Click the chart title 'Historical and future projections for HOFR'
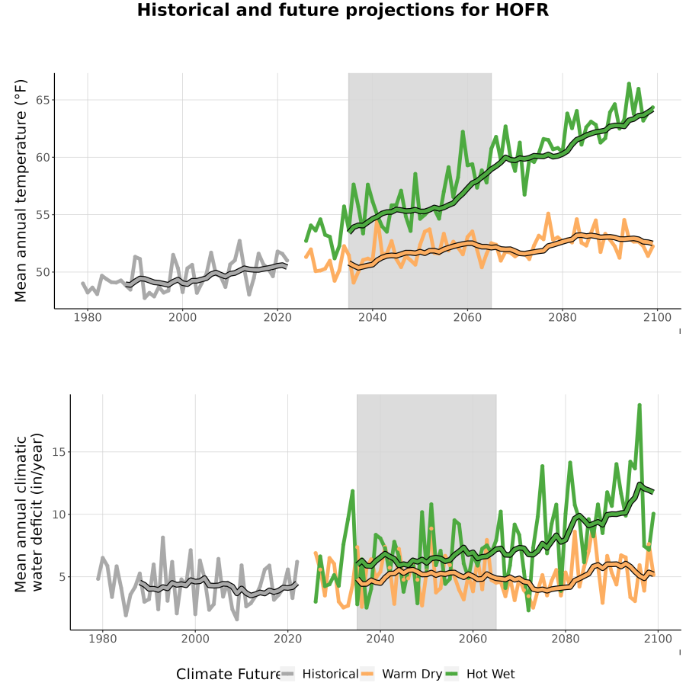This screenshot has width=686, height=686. (342, 11)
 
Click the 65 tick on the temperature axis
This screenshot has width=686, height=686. (43, 100)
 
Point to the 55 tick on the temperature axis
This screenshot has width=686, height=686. (43, 215)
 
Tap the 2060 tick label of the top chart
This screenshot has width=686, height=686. (467, 317)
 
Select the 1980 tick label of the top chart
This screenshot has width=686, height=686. (88, 317)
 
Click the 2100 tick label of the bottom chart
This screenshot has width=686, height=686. (658, 639)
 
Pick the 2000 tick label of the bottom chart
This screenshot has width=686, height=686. (195, 639)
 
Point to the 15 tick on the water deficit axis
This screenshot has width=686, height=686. (59, 452)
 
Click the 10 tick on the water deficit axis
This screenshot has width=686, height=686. (59, 514)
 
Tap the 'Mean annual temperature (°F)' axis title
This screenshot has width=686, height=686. (21, 191)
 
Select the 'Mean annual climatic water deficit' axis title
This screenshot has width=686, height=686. (29, 512)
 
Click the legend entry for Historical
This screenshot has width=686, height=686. (319, 675)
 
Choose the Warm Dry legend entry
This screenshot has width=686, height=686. (401, 675)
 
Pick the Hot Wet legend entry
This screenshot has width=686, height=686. (480, 675)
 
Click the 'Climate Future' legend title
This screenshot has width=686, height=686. (228, 675)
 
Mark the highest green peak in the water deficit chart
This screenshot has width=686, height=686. (640, 406)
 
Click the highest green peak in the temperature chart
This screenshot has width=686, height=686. (629, 83)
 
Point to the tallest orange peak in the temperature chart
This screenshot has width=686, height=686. (548, 213)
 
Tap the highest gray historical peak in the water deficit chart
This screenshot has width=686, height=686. (163, 537)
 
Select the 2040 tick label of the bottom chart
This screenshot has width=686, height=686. (380, 639)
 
